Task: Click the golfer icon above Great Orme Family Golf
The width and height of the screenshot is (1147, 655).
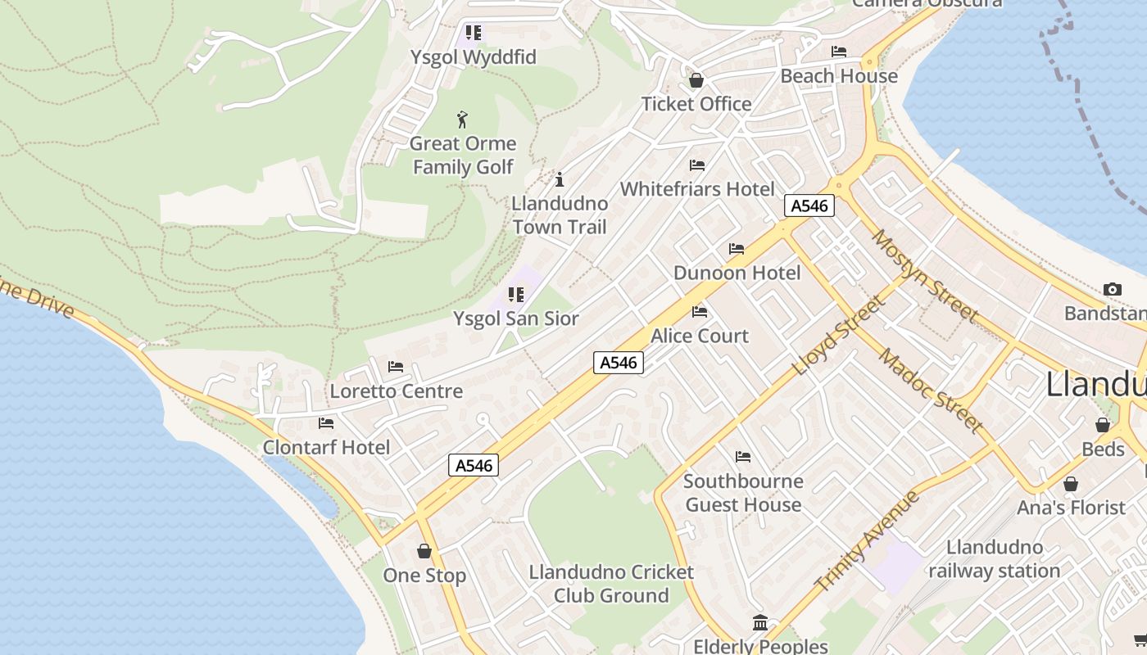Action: point(462,120)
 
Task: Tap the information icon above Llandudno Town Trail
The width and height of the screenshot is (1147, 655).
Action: point(560,179)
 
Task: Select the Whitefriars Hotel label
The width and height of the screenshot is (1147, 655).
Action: point(696,189)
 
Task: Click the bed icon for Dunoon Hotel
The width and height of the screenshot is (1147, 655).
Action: point(737,249)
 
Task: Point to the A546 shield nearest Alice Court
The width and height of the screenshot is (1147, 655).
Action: point(619,362)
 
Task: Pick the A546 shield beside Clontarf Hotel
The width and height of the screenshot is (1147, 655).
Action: point(474,465)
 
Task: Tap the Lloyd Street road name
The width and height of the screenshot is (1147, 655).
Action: point(839,335)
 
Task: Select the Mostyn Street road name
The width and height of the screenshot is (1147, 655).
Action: point(924,275)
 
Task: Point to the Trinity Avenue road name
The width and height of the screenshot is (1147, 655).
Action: point(868,541)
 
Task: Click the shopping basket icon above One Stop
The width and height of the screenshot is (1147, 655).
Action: point(424,551)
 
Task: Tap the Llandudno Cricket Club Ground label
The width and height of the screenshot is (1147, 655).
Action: point(611,584)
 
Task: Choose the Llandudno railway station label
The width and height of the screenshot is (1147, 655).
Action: point(995,559)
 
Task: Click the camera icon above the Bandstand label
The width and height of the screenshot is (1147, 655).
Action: point(1112,289)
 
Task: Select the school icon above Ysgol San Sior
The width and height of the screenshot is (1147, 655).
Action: point(515,295)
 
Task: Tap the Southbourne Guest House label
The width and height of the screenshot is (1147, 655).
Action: point(743,493)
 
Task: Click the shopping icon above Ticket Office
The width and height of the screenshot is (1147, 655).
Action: point(696,80)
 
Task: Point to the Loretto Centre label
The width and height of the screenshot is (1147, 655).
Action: point(397,391)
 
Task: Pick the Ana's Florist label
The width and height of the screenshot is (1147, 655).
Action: point(1071,508)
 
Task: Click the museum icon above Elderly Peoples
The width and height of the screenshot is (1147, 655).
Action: point(760,623)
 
